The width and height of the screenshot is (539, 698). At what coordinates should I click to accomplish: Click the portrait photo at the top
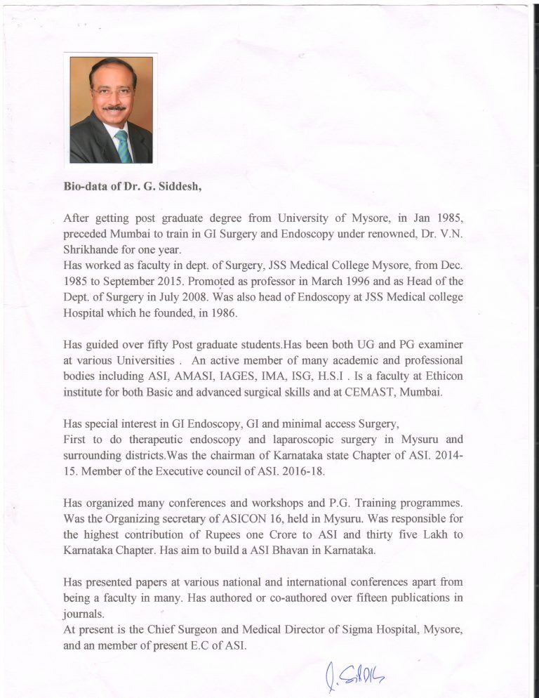111,110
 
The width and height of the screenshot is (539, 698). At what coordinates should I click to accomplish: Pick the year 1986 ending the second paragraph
223,313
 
